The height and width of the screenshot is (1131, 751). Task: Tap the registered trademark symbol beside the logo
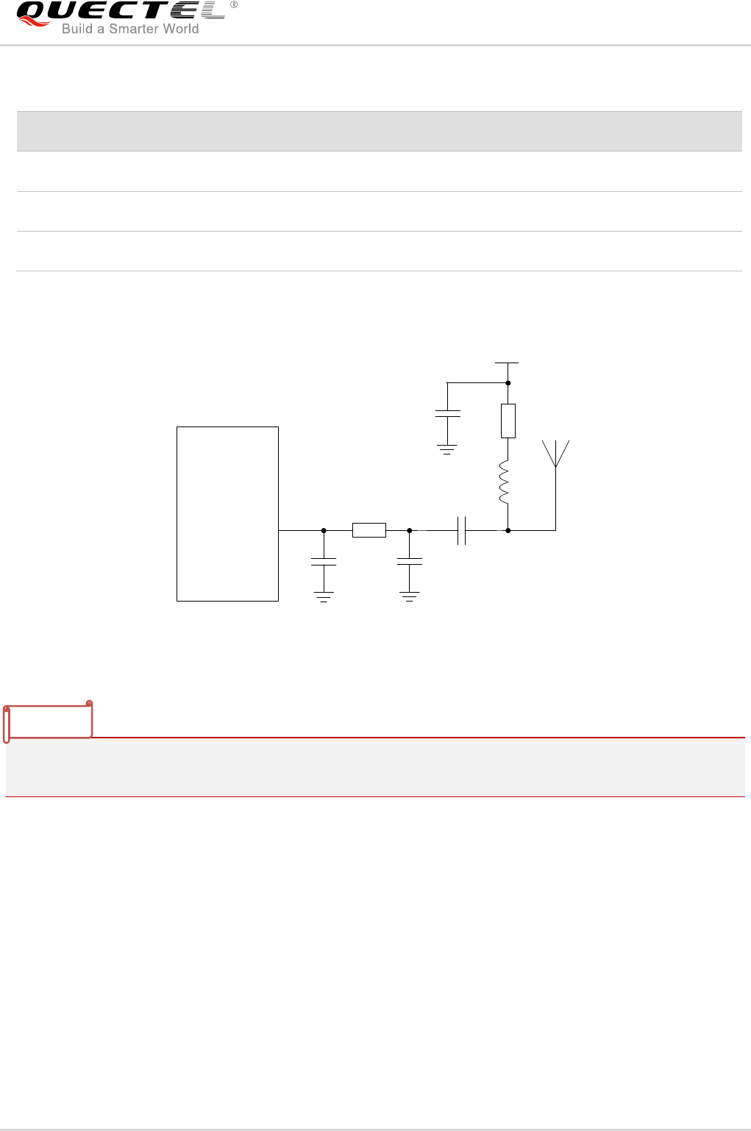tap(234, 5)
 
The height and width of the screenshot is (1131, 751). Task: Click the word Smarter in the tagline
tap(134, 29)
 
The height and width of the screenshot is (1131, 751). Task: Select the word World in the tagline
tap(180, 29)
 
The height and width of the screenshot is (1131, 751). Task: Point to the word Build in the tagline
tap(77, 29)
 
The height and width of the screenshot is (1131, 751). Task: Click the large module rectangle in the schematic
tap(227, 513)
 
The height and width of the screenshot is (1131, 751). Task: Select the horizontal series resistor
tap(369, 529)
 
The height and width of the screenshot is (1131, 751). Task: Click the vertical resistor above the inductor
tap(508, 421)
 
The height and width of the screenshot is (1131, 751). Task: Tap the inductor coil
tap(505, 482)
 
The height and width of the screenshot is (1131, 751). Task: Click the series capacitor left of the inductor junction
tap(461, 530)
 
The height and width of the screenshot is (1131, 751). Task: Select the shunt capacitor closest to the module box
tap(324, 562)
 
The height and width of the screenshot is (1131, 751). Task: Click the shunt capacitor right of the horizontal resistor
tap(409, 562)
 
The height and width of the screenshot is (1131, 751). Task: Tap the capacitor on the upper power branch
tap(447, 414)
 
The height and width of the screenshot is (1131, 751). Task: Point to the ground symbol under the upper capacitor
tap(447, 449)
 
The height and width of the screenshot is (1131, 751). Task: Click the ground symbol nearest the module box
tap(324, 596)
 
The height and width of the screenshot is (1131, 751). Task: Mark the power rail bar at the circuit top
tap(507, 363)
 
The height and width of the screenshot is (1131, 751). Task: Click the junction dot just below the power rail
tap(508, 382)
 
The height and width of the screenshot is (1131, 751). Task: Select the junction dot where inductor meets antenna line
tap(508, 529)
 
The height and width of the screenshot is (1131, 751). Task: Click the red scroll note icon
tap(49, 721)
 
